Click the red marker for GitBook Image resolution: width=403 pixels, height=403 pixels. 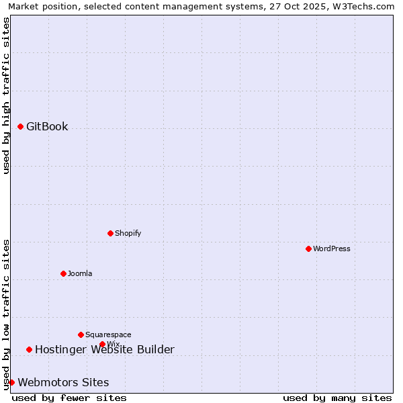[21, 126]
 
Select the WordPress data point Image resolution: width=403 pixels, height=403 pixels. [308, 249]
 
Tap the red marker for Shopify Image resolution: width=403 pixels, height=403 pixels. [110, 233]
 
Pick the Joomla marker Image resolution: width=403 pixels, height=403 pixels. [63, 273]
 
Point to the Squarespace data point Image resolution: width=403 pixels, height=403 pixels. [81, 334]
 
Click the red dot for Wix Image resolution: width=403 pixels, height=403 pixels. [102, 345]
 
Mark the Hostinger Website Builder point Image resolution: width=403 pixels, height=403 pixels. [29, 349]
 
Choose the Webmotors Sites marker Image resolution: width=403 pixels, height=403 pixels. [11, 382]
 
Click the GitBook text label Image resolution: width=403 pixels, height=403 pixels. [47, 126]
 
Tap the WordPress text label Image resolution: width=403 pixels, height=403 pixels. [332, 249]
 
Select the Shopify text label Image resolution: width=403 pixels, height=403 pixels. [128, 233]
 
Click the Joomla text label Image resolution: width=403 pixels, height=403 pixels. [80, 273]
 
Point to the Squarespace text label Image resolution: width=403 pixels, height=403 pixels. [108, 334]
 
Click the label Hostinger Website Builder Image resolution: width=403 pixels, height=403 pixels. [104, 349]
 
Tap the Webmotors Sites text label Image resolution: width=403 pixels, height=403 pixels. [63, 382]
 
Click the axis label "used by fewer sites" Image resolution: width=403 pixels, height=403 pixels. [69, 398]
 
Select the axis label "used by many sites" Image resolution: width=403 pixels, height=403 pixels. [337, 398]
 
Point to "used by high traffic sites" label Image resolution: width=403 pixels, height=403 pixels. [6, 95]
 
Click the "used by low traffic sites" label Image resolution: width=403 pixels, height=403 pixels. [6, 314]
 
